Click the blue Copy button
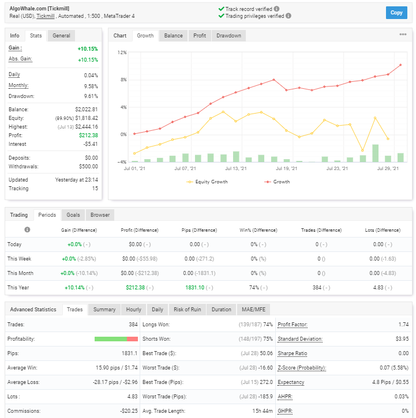pos(396,13)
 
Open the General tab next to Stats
pos(61,35)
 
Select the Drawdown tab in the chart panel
pos(228,35)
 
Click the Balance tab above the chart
pos(174,35)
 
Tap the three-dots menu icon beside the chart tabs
pos(403,35)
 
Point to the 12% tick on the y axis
pos(122,52)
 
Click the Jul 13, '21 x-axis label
pos(236,168)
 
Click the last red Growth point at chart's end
pos(400,65)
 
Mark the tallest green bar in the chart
pos(375,153)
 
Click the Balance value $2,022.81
pos(87,110)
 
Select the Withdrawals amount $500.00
pos(88,167)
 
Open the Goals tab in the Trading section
pos(73,215)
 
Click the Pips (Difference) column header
pos(199,230)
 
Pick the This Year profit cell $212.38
pos(135,288)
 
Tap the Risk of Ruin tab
pos(188,310)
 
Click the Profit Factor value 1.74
pos(403,325)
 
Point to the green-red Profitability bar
pos(116,339)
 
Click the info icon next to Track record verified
pos(277,9)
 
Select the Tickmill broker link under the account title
pos(46,16)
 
